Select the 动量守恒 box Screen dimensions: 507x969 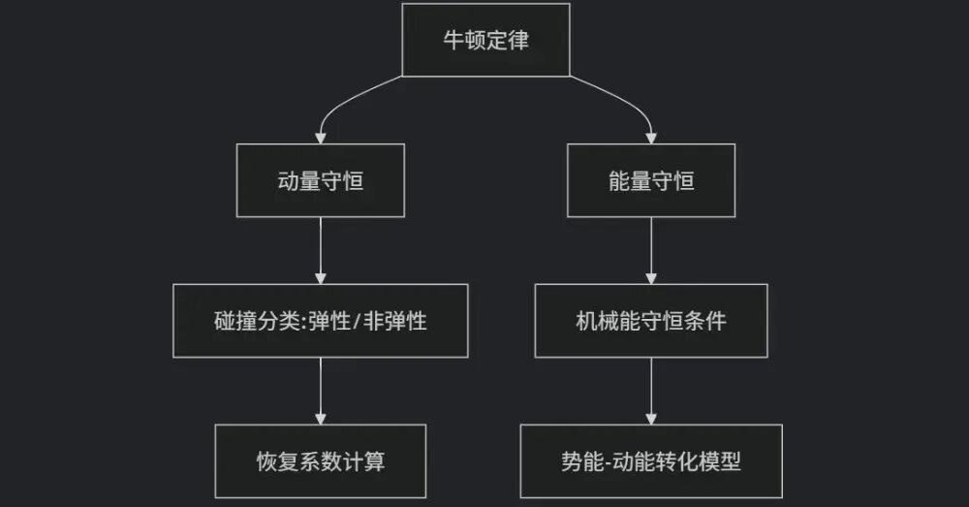[321, 180]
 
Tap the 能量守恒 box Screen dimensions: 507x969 [650, 180]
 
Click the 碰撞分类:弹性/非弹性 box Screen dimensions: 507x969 [321, 321]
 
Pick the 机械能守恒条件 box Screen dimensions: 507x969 [650, 321]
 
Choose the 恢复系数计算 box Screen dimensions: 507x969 [321, 461]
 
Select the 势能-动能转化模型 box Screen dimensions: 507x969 [650, 461]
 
